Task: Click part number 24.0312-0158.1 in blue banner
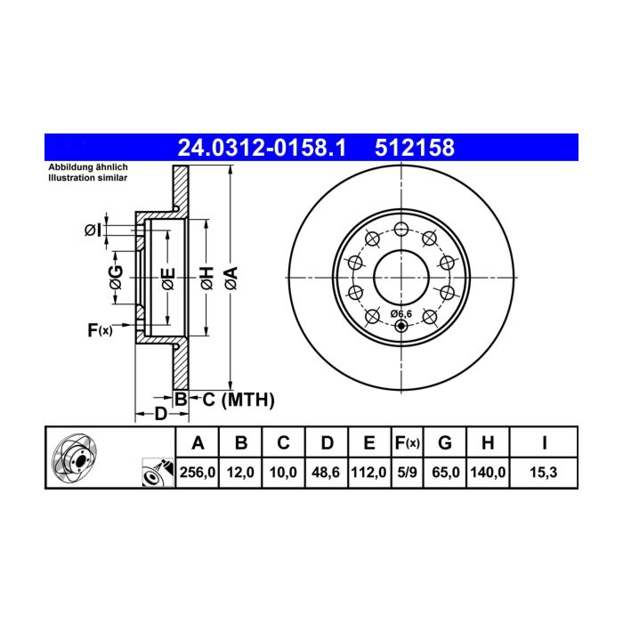[x=262, y=148]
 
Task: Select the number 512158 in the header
[x=415, y=148]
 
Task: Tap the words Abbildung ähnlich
[x=88, y=167]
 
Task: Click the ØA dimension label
[x=231, y=278]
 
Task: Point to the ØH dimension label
[x=207, y=278]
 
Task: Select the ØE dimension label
[x=168, y=279]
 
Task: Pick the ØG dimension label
[x=116, y=278]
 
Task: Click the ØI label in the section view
[x=93, y=230]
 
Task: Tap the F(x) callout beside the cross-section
[x=100, y=330]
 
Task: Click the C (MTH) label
[x=239, y=400]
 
